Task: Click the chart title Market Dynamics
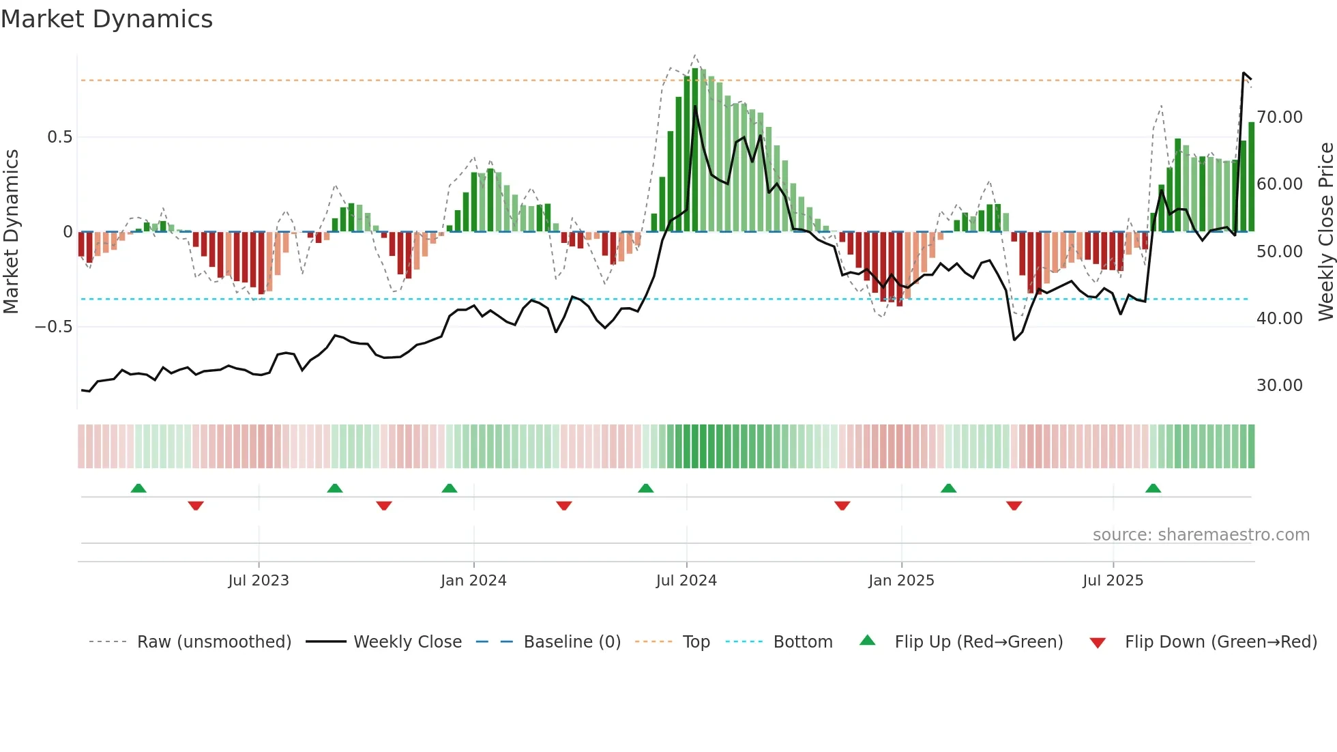(x=106, y=19)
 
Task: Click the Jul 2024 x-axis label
(x=686, y=581)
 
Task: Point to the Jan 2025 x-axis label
(x=901, y=581)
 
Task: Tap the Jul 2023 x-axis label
(x=259, y=581)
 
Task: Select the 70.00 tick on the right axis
(x=1280, y=117)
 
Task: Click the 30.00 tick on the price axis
(x=1280, y=386)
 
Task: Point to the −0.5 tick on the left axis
(x=53, y=327)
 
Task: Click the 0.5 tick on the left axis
(x=59, y=137)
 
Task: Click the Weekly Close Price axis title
(x=1325, y=232)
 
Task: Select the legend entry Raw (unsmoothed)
(x=214, y=642)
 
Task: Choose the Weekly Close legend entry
(x=407, y=642)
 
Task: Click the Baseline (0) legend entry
(x=572, y=642)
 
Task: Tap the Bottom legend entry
(x=802, y=642)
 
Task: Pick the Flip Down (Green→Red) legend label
(x=1220, y=642)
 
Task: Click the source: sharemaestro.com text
(x=1201, y=535)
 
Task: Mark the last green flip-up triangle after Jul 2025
(x=1153, y=489)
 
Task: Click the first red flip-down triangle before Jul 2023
(x=196, y=506)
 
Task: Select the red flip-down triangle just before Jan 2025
(x=842, y=506)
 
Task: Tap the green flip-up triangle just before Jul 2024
(x=645, y=489)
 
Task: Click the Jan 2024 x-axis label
(x=473, y=581)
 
